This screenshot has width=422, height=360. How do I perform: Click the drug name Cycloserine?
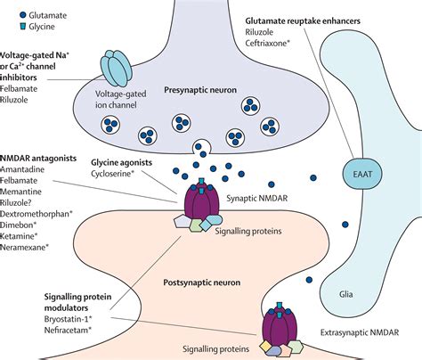[x=142, y=176]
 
